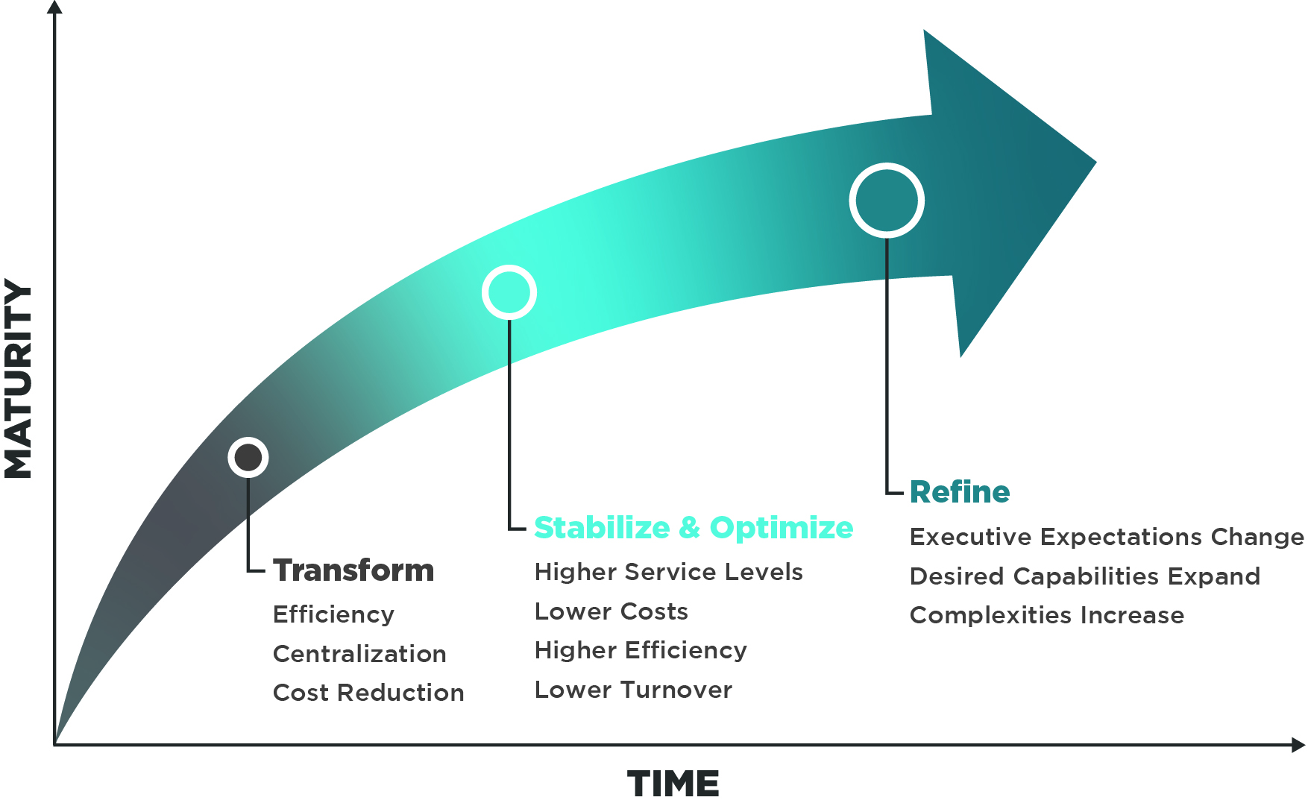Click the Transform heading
tap(353, 570)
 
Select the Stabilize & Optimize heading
tap(694, 528)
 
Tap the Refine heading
tap(960, 492)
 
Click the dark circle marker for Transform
tap(248, 457)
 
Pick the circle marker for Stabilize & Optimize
tap(509, 292)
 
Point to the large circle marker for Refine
tap(887, 201)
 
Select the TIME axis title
tap(673, 784)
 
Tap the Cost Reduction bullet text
tap(368, 693)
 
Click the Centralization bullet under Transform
tap(359, 654)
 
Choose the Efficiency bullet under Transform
tap(333, 614)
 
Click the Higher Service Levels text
tap(668, 572)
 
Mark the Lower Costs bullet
tap(611, 611)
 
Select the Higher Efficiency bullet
tap(641, 650)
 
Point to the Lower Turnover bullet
tap(633, 690)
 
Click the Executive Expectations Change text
tap(1107, 537)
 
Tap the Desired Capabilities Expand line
tap(1085, 576)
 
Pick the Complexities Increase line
tap(1046, 615)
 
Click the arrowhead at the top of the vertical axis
tap(54, 7)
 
